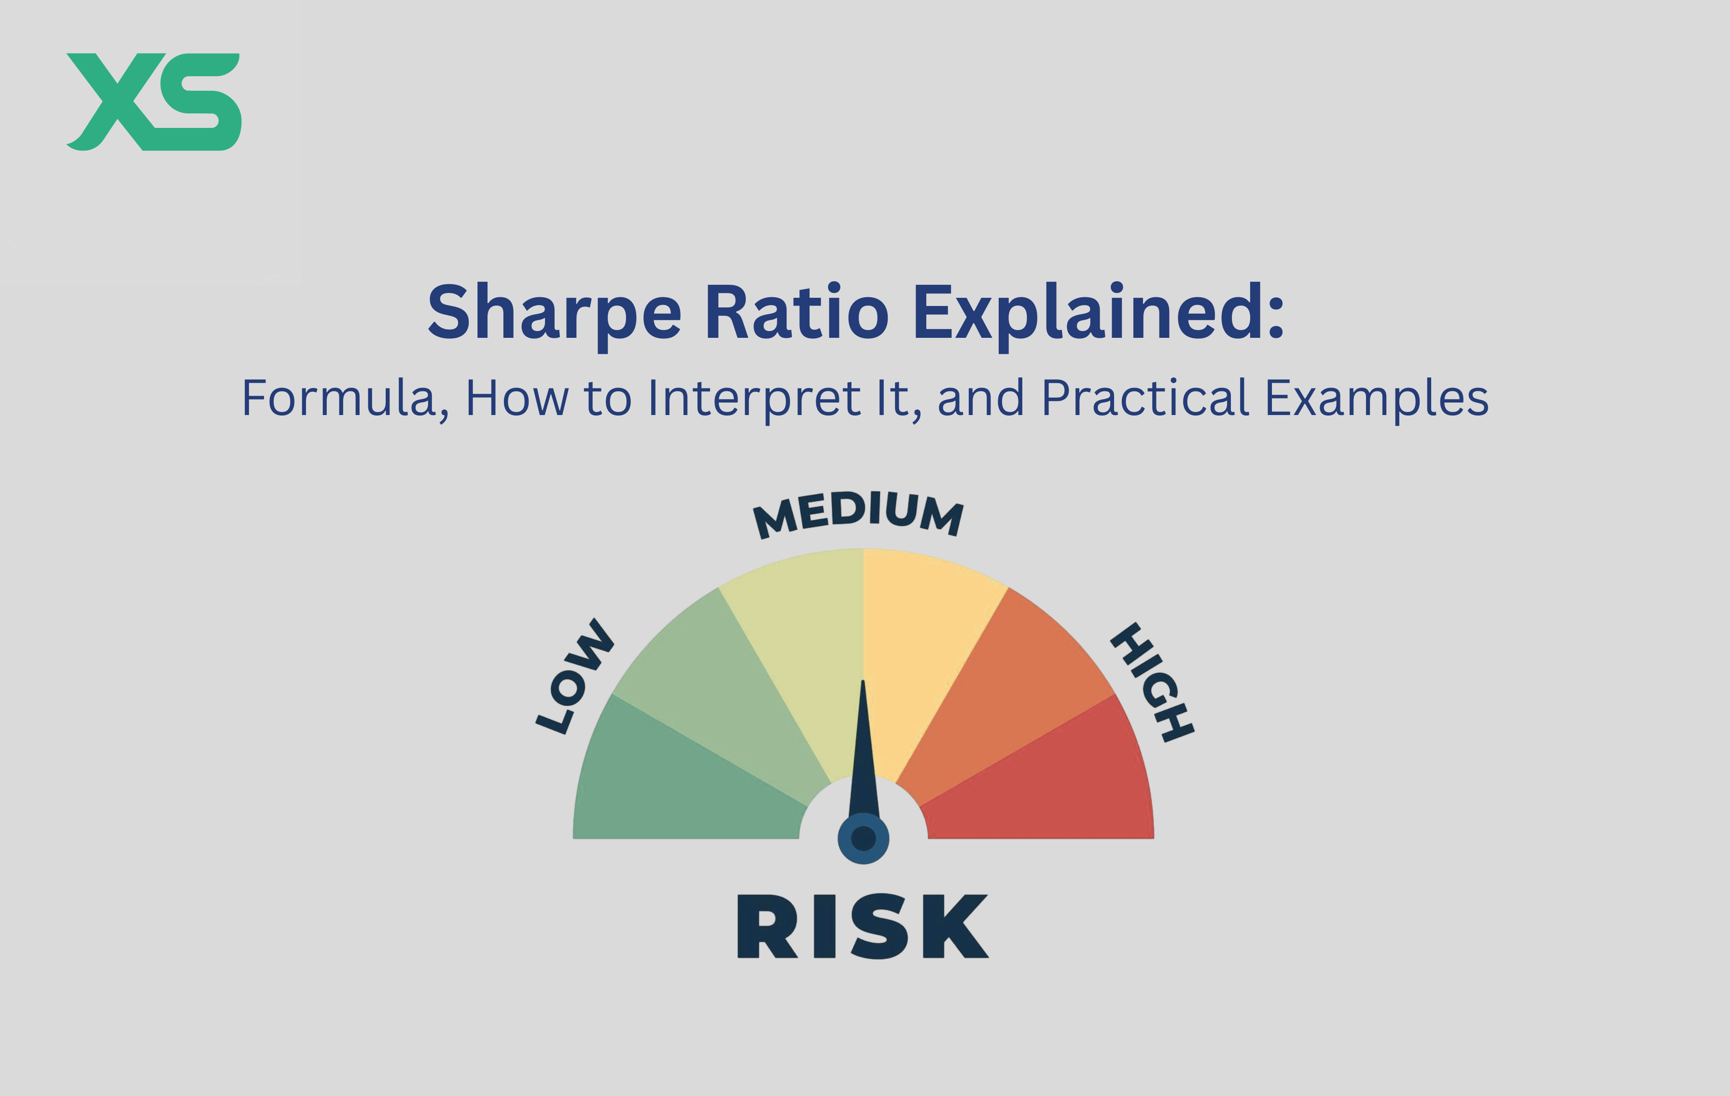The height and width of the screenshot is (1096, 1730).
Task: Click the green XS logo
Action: coord(154,101)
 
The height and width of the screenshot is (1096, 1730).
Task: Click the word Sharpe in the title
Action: coord(554,314)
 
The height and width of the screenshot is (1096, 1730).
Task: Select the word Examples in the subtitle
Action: coord(1377,399)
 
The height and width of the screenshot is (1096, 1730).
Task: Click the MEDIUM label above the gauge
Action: coord(859,513)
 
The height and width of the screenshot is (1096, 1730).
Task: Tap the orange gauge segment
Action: coord(1006,682)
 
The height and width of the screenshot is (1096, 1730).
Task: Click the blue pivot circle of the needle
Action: coord(864,838)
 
